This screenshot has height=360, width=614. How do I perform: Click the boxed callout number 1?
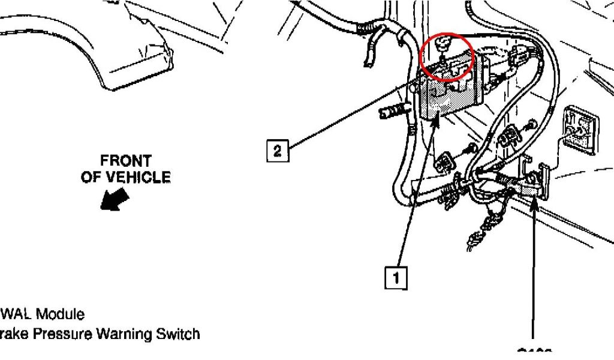click(x=396, y=278)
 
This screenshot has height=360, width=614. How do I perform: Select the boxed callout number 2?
click(x=277, y=151)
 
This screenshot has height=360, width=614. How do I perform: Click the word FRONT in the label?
click(x=126, y=161)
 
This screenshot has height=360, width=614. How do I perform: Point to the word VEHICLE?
click(x=139, y=177)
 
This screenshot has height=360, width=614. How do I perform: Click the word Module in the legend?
click(x=61, y=314)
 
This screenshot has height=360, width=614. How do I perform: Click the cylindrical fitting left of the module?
click(x=392, y=111)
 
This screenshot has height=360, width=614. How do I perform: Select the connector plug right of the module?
click(x=517, y=60)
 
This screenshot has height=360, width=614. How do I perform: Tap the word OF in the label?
click(x=90, y=177)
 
